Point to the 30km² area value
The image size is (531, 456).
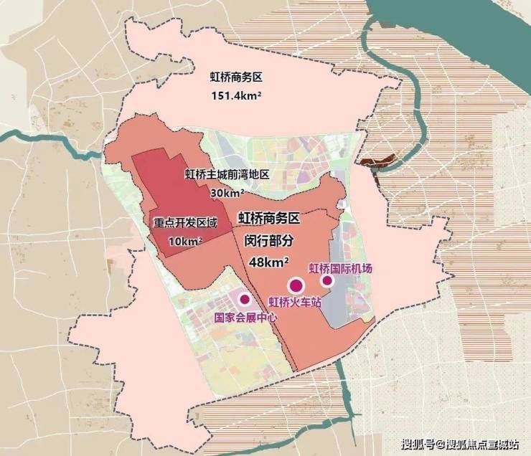[227, 193]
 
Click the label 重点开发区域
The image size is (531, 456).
[183, 222]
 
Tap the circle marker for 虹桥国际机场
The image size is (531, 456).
[327, 281]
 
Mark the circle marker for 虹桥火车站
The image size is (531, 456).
[294, 285]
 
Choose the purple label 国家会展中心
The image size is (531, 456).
[244, 317]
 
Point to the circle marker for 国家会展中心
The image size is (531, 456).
[245, 299]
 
